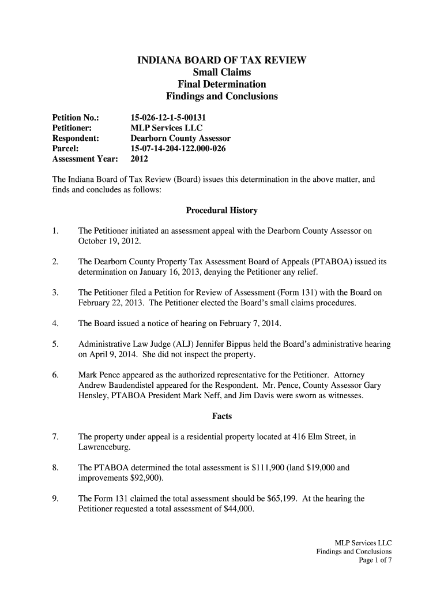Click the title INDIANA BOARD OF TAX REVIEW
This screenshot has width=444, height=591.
[x=221, y=61]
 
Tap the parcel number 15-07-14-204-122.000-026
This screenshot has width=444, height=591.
[x=178, y=149]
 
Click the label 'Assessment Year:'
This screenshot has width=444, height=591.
[x=85, y=159]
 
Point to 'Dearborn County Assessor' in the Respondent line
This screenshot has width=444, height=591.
[x=180, y=139]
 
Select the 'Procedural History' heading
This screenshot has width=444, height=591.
[x=221, y=210]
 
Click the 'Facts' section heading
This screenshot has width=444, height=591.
[x=221, y=416]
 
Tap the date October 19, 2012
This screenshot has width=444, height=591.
[x=109, y=241]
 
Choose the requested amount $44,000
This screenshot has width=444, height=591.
[x=238, y=509]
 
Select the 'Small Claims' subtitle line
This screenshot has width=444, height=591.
[x=221, y=73]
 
